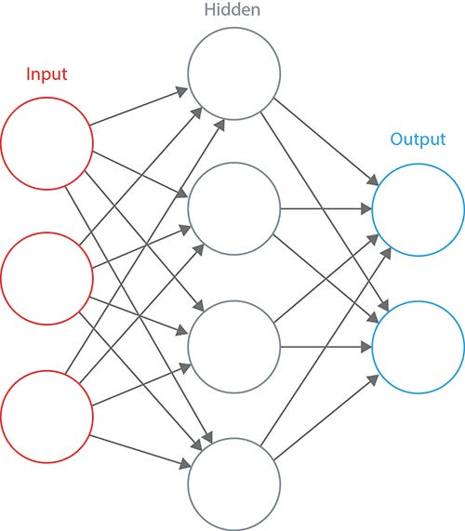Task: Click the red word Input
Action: pos(46,74)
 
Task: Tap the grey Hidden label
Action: pos(232,9)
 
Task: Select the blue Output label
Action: pos(418,139)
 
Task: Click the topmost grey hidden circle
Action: pos(188,73)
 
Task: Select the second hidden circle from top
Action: pos(188,208)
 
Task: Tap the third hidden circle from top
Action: pos(188,347)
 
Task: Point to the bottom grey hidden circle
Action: pos(188,485)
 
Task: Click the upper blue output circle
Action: pos(372,210)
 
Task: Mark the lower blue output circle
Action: pos(372,348)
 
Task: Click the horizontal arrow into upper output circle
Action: pos(326,209)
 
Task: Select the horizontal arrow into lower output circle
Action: pos(326,347)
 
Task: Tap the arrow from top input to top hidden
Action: pos(139,106)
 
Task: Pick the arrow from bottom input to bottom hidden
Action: pos(140,451)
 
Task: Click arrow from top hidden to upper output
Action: pos(326,141)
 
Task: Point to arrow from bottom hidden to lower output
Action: pos(326,418)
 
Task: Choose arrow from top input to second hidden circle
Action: pos(140,175)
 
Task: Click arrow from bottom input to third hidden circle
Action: pos(141,385)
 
